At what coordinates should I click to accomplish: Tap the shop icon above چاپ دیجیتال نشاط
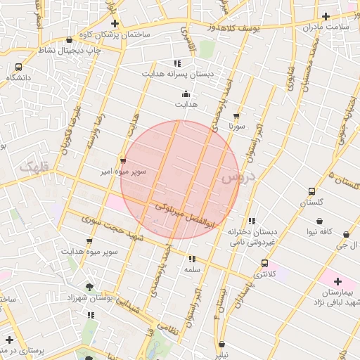pyautogui.click(x=68, y=40)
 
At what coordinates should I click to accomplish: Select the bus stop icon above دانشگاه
pyautogui.click(x=18, y=67)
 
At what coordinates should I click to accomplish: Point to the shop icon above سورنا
pyautogui.click(x=236, y=117)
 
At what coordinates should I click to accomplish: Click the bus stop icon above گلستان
pyautogui.click(x=311, y=191)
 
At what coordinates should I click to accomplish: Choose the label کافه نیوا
pyautogui.click(x=314, y=231)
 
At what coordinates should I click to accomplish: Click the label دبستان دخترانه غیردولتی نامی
pyautogui.click(x=252, y=236)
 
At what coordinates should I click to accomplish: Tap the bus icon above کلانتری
pyautogui.click(x=264, y=263)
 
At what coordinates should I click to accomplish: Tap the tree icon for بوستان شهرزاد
pyautogui.click(x=89, y=287)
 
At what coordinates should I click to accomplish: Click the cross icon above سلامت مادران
pyautogui.click(x=326, y=16)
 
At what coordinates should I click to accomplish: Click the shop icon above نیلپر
pyautogui.click(x=223, y=345)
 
